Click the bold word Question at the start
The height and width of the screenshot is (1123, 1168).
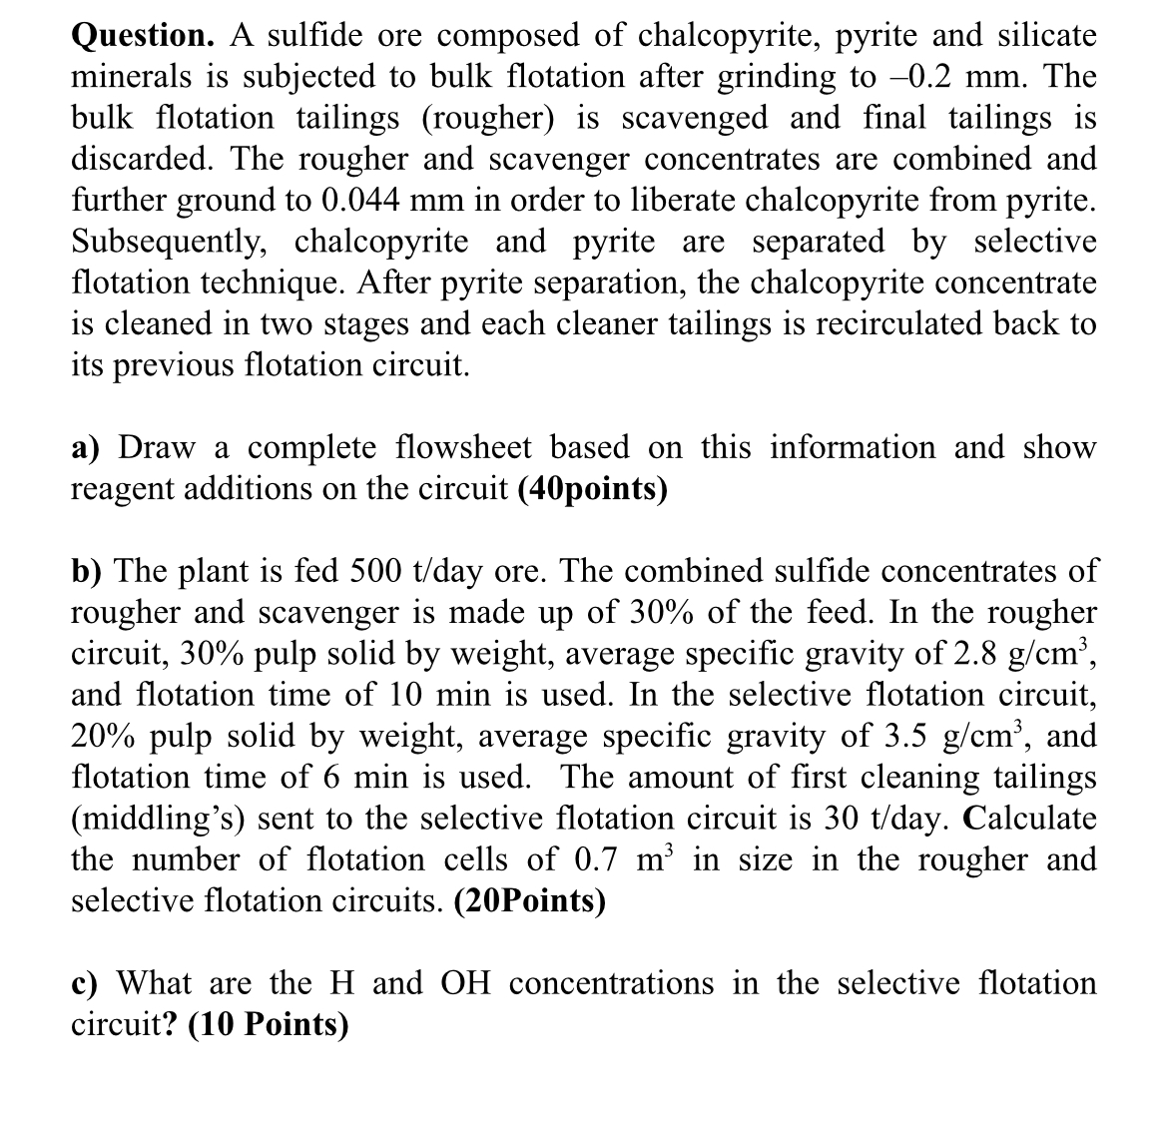click(x=142, y=35)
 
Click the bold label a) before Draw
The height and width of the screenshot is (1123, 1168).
click(x=87, y=448)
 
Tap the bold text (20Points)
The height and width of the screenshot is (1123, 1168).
click(x=529, y=901)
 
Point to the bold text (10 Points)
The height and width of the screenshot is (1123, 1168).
click(x=269, y=1025)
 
